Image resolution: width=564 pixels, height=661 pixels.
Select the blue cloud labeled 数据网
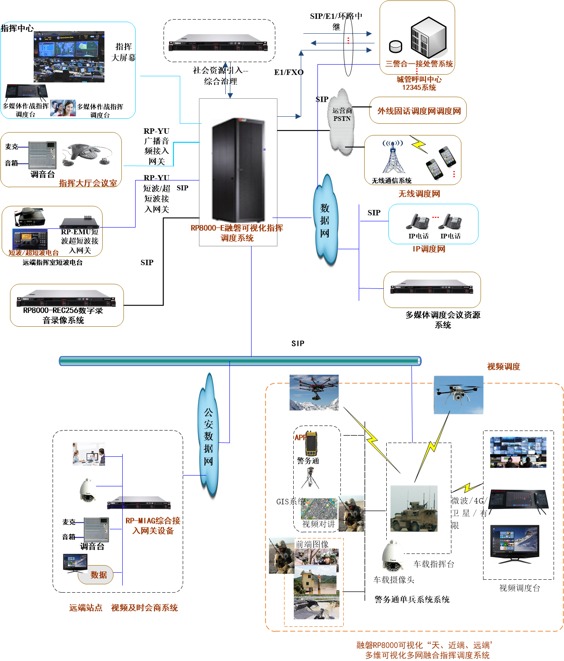pyautogui.click(x=325, y=221)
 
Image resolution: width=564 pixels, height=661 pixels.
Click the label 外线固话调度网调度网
pyautogui.click(x=419, y=111)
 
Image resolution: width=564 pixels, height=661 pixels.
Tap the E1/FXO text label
pyautogui.click(x=289, y=73)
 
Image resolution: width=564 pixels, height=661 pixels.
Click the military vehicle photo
pyautogui.click(x=414, y=508)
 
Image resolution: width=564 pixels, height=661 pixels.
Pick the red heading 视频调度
pyautogui.click(x=504, y=367)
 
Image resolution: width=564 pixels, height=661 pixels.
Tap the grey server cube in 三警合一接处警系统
pyautogui.click(x=428, y=38)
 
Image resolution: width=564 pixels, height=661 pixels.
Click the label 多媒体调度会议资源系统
pyautogui.click(x=443, y=320)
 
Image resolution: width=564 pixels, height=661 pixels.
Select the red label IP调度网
pyautogui.click(x=429, y=249)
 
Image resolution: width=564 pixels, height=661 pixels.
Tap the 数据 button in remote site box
pyautogui.click(x=98, y=575)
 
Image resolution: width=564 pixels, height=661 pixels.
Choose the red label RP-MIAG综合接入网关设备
pyautogui.click(x=153, y=526)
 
